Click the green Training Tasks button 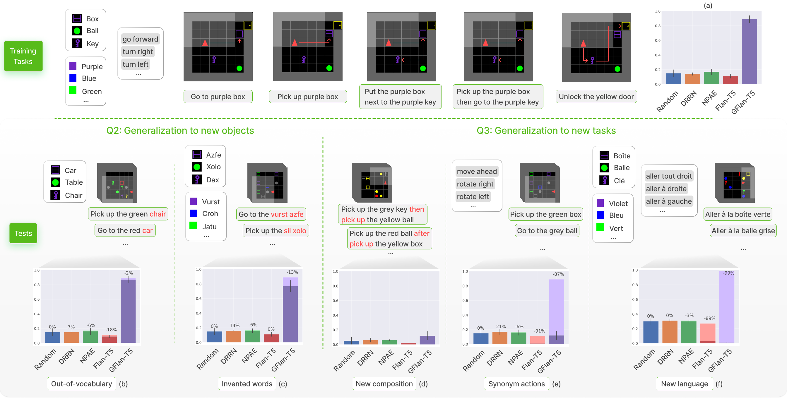point(23,56)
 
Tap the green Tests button point(23,233)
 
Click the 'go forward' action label point(140,39)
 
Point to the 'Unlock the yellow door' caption point(596,97)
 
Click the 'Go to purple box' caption point(218,97)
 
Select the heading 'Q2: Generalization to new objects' point(180,131)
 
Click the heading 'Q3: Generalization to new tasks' point(546,131)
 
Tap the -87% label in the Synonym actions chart point(558,274)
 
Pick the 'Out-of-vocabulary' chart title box point(82,384)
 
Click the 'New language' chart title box point(684,384)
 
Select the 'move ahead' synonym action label point(477,171)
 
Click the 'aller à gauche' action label point(668,201)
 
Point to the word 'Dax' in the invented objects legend point(213,180)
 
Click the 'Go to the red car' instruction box point(125,230)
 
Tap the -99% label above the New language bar point(728,273)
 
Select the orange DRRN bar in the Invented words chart point(233,336)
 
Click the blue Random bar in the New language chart point(651,332)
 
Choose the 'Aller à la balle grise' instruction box point(743,231)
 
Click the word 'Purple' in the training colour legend point(92,67)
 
